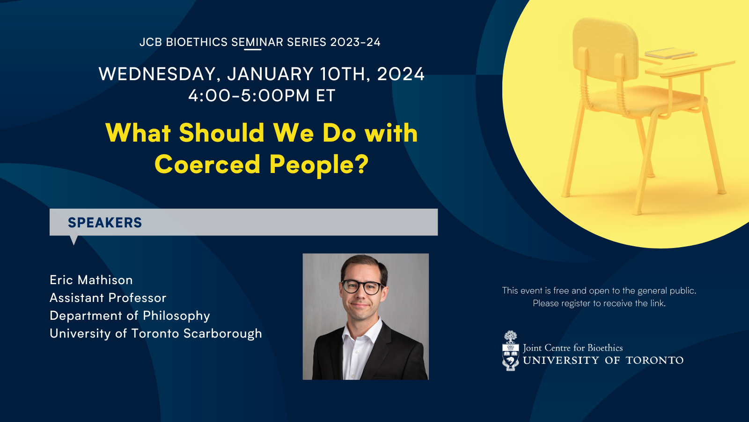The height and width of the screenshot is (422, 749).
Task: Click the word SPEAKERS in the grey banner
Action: coord(105,223)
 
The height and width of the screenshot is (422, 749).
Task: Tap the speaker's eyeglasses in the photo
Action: coord(363,287)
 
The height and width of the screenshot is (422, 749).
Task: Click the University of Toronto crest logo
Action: coord(511,351)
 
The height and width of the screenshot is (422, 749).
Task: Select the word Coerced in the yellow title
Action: coord(207,165)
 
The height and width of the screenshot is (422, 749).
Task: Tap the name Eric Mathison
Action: coord(91,280)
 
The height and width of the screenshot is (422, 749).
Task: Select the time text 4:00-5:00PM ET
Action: coord(262,96)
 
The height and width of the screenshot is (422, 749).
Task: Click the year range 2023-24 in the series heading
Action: coord(355,42)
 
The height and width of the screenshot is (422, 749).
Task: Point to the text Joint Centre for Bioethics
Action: coord(573,348)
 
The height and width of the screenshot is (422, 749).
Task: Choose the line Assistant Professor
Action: coord(108,298)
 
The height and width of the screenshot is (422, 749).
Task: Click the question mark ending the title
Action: coord(361,164)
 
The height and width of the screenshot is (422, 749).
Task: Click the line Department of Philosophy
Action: coord(130,316)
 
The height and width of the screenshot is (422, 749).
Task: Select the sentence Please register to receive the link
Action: coord(599,303)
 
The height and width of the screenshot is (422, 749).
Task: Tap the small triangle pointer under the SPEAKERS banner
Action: coord(73,240)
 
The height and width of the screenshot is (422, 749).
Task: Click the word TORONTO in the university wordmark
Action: coord(654,361)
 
